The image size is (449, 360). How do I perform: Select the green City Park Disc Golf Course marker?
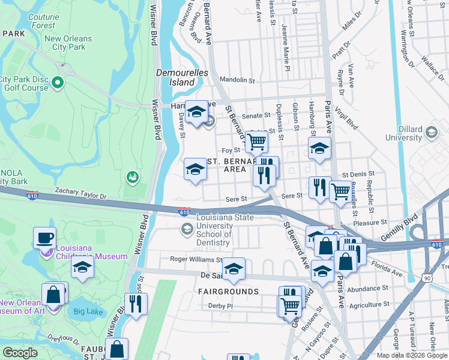tap(58, 82)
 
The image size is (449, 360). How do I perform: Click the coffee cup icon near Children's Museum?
tap(44, 238)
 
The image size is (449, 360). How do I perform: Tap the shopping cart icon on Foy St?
tap(256, 142)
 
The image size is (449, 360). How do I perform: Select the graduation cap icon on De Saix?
tap(234, 268)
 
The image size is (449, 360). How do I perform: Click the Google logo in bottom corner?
tap(20, 353)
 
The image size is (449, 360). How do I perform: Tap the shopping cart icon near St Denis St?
tap(340, 191)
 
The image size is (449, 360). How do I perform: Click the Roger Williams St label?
tap(196, 260)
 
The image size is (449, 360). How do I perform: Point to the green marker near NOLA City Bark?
tap(133, 177)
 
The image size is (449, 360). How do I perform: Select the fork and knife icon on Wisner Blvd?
tap(136, 304)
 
